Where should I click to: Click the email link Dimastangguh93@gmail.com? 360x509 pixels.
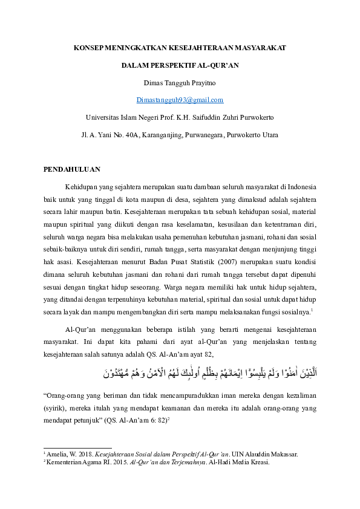point(180,100)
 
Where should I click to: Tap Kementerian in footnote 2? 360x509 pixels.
point(64,461)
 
